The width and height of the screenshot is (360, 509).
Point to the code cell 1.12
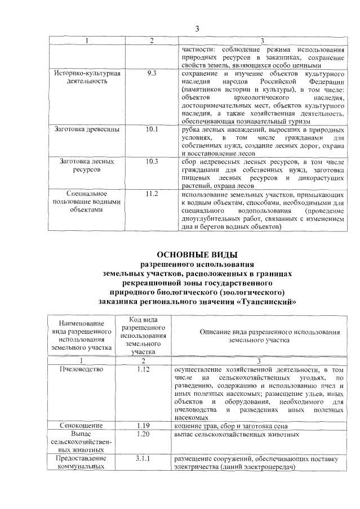[143, 369]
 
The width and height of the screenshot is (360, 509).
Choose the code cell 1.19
[143, 426]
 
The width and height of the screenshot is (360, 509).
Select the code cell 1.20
[143, 435]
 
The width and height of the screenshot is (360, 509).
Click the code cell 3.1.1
[143, 459]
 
